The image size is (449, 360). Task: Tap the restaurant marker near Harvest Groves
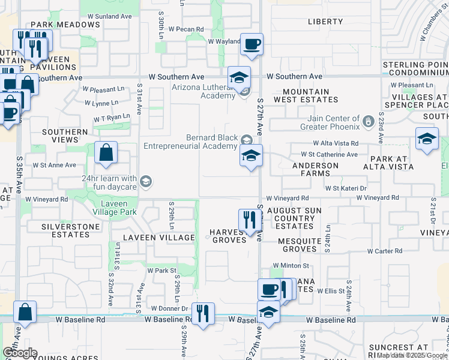pos(247,219)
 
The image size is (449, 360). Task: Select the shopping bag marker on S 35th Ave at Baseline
pos(25,312)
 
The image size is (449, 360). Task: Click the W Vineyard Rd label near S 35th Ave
pos(46,199)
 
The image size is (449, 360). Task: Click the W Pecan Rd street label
pos(186,29)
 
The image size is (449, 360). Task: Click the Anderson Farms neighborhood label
pos(311,169)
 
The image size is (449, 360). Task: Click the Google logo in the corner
pos(20,353)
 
